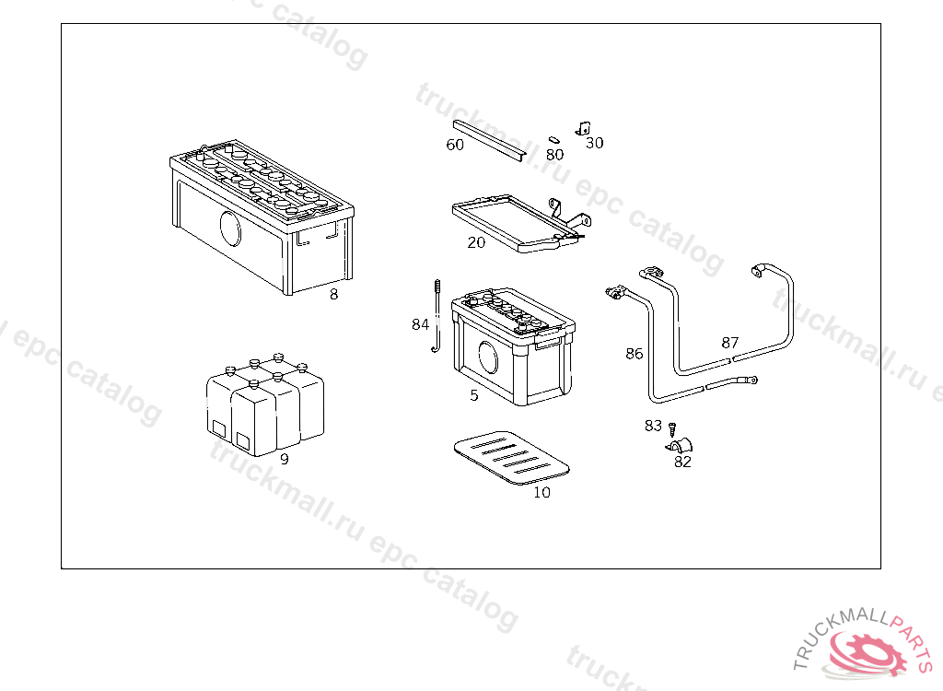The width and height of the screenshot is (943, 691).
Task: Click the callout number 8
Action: [333, 295]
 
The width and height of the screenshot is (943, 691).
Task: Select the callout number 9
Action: [284, 459]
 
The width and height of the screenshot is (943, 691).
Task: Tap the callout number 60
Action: [455, 145]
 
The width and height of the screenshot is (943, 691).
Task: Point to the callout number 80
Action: [554, 155]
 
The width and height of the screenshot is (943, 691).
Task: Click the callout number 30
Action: [595, 143]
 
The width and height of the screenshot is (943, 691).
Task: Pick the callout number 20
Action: [476, 243]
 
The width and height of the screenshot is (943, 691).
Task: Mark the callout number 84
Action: [420, 324]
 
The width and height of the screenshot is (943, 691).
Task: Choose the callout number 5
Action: [474, 396]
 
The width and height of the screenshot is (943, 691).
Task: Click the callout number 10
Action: [541, 493]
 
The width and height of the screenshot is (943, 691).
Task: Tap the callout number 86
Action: [634, 354]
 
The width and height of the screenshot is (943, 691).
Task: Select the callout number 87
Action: [730, 343]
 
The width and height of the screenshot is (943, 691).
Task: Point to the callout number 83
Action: [653, 426]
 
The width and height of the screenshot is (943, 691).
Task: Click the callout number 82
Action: [682, 463]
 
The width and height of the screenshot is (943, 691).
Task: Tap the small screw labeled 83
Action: [672, 429]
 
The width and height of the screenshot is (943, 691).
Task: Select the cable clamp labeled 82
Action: [680, 447]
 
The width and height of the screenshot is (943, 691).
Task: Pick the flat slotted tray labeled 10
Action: [514, 455]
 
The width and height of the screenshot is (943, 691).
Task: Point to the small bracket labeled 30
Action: [583, 129]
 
